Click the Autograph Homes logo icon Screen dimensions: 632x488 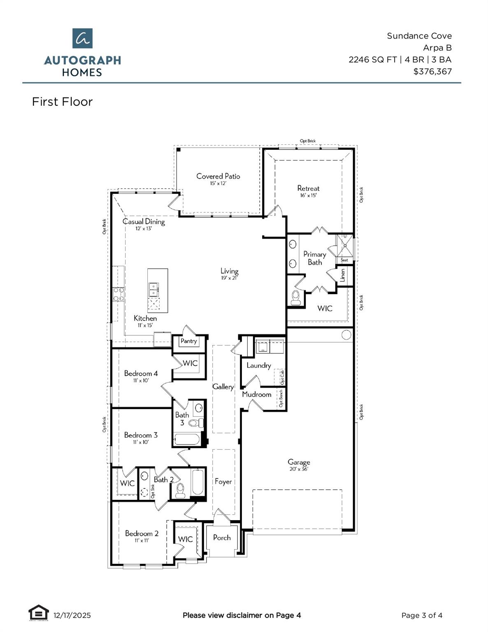(x=82, y=38)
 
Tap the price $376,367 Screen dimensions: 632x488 (x=432, y=72)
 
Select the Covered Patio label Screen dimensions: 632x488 (x=218, y=177)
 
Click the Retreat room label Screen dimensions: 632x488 (x=308, y=188)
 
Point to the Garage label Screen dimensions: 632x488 (x=299, y=462)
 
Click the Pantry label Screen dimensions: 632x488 (x=189, y=341)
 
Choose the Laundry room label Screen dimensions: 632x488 (x=258, y=365)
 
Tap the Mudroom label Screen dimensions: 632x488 (x=256, y=395)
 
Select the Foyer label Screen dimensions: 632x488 (x=223, y=482)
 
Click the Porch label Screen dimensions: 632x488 (x=222, y=538)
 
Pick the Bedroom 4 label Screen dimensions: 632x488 (x=141, y=374)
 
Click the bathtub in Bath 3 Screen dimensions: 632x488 (x=187, y=439)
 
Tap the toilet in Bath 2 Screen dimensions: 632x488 (x=180, y=490)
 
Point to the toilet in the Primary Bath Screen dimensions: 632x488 (x=295, y=297)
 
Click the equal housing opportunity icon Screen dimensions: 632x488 (x=38, y=613)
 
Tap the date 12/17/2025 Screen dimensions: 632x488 (x=72, y=616)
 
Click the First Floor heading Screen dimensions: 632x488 (x=62, y=102)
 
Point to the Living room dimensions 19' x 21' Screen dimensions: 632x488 (x=229, y=278)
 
